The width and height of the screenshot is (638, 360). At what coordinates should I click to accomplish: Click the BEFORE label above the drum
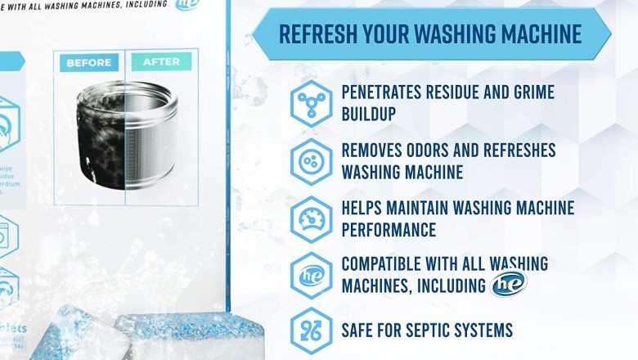(x=89, y=62)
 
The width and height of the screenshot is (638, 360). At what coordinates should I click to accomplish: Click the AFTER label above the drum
(x=161, y=62)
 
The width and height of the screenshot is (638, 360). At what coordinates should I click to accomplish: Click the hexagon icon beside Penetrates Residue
(x=311, y=103)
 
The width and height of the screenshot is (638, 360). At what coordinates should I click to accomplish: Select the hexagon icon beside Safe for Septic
(x=311, y=331)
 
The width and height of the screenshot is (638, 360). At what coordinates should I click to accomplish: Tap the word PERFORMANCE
(x=389, y=230)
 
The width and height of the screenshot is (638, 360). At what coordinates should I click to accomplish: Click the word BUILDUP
(x=369, y=114)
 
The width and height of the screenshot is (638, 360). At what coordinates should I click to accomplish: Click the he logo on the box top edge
(x=186, y=5)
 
